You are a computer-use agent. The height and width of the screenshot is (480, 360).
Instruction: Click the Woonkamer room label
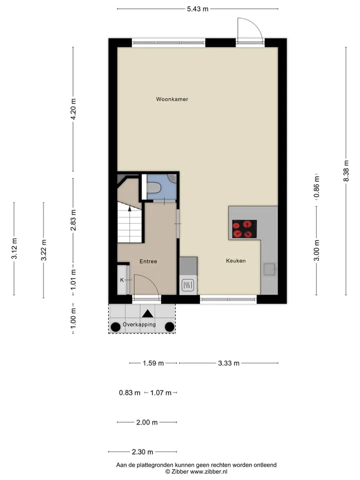coord(172,99)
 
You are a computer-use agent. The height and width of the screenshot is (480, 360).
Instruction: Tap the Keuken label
coord(235,261)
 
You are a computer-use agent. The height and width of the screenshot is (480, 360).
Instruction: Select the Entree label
coord(148,261)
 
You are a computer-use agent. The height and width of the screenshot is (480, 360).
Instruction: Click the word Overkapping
coord(139,324)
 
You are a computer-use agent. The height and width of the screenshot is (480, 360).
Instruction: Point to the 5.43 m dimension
coord(198,9)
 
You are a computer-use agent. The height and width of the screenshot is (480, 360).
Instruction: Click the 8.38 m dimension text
coord(346,171)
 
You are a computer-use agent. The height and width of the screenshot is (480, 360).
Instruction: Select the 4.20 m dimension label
coord(73,109)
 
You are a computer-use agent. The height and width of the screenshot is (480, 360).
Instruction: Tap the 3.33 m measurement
coord(228,363)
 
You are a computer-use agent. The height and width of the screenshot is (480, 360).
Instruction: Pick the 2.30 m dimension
coord(142,452)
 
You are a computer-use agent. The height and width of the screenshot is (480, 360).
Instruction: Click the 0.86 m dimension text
coord(317,186)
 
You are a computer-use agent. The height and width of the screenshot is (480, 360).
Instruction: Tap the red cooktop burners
coord(244,229)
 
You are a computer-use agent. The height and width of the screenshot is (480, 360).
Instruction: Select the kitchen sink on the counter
coord(270,269)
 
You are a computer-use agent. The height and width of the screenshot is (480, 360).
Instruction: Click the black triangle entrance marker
coord(148,313)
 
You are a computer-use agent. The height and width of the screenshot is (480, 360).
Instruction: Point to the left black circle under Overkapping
coord(115,327)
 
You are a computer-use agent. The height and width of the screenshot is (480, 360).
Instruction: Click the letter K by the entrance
coord(122,280)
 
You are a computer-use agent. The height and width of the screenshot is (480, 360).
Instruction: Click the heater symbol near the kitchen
coord(187,285)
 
